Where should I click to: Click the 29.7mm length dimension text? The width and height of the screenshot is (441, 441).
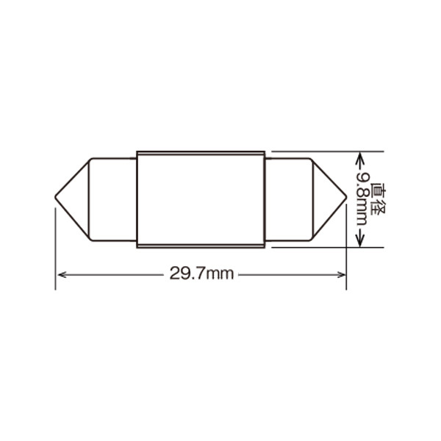tap(201, 273)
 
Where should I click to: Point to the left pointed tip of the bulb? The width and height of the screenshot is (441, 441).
tap(55, 196)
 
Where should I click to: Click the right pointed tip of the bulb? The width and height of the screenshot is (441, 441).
tap(346, 196)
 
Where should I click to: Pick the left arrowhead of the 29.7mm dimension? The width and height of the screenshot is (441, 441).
tap(62, 274)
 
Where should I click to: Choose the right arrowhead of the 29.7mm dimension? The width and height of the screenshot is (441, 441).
tap(340, 274)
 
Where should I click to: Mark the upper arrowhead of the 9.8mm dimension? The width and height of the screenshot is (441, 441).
tap(359, 158)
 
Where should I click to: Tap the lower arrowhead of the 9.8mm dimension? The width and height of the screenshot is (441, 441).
tap(359, 241)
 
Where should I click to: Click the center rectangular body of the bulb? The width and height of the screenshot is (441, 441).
tap(201, 199)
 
